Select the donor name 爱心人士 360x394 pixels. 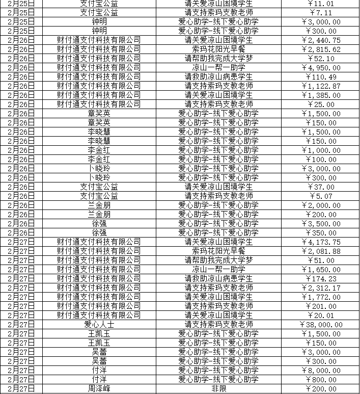[99, 325]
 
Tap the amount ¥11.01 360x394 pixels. [322, 4]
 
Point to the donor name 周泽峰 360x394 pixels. [99, 388]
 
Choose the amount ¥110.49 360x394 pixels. [322, 76]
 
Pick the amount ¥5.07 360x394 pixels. [322, 196]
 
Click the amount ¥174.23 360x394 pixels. [322, 279]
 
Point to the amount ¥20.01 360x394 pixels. [322, 316]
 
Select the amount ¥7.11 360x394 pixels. [322, 12]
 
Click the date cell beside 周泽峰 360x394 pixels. [21, 388]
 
